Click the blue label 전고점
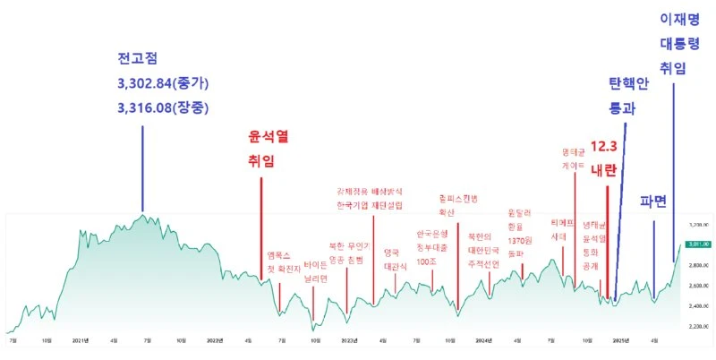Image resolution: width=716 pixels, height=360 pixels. click(x=137, y=60)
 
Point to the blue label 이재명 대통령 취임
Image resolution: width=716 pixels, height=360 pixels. click(x=679, y=42)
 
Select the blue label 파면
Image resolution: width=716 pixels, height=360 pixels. click(x=653, y=201)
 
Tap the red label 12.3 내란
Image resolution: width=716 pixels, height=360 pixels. click(x=604, y=158)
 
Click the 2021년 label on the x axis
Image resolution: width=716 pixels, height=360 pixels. click(x=80, y=340)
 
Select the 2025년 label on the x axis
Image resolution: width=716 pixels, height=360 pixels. click(x=619, y=340)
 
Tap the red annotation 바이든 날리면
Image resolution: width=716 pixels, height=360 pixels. click(x=316, y=271)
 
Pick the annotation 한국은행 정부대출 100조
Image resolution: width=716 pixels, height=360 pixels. click(x=432, y=248)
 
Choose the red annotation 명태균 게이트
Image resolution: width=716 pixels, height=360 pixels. click(x=574, y=159)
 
